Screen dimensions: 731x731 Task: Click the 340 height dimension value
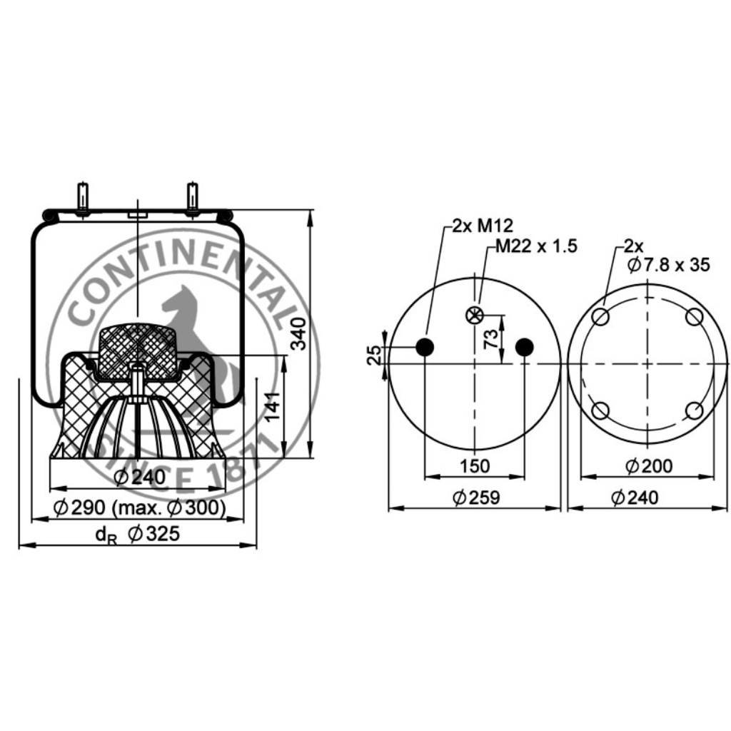pos(298,333)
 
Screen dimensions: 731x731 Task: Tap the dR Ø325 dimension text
pos(138,534)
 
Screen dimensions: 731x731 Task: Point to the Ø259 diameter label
pos(476,498)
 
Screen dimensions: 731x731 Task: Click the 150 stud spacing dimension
pos(475,465)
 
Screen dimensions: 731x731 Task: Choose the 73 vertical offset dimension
pos(490,339)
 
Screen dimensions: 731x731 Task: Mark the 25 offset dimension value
pos(374,356)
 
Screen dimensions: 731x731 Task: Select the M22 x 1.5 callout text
pos(536,246)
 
